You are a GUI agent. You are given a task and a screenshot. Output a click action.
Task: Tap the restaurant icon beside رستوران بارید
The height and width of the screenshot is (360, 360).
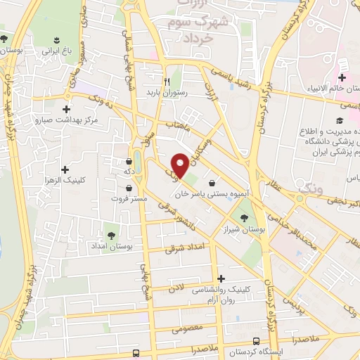(x=166, y=81)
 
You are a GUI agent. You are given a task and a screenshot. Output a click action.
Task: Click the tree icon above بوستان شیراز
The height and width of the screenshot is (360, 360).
(x=244, y=217)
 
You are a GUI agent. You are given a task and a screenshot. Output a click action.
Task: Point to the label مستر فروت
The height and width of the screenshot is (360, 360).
(x=129, y=199)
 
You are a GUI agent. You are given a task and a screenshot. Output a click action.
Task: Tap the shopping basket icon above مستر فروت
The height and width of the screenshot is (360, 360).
(x=129, y=188)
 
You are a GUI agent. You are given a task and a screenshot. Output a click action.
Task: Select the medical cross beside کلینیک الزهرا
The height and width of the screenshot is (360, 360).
(x=65, y=169)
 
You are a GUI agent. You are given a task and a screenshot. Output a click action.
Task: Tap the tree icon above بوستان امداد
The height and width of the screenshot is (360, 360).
(x=111, y=235)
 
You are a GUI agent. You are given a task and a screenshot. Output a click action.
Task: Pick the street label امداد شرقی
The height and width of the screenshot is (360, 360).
(x=184, y=247)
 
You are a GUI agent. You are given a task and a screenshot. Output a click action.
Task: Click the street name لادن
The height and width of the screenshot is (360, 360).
(x=176, y=288)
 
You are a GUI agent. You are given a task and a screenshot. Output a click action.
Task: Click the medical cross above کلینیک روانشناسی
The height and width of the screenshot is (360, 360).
(x=221, y=279)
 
